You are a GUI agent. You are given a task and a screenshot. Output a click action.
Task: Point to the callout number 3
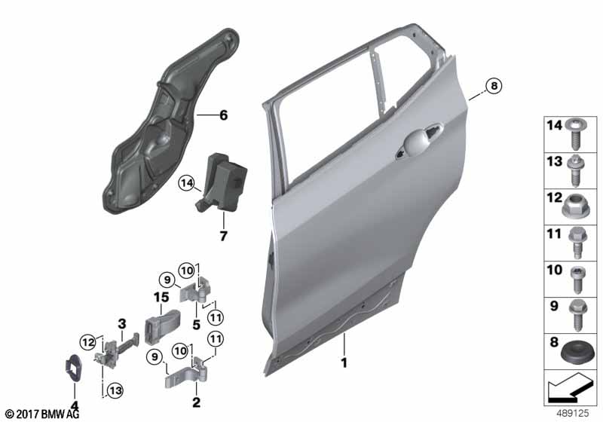pos(121,324)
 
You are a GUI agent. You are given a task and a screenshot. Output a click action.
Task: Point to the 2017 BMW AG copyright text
pos(42,414)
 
